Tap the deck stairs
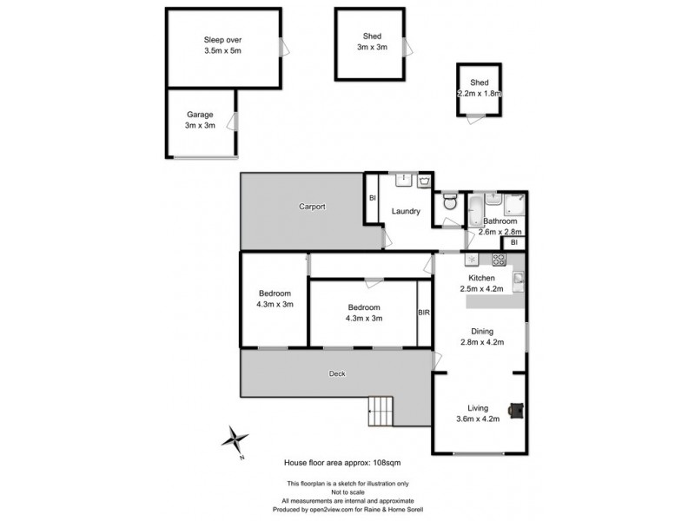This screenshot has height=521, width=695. pos(381,410)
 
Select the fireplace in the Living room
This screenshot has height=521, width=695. pos(516,408)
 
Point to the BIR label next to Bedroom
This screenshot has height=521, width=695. pos(424,313)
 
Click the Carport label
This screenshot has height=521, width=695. pos(312,207)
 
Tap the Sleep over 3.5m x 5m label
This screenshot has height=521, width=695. pos(222,45)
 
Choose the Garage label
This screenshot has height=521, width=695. pos(200,115)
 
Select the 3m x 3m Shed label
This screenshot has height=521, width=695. pos(373,42)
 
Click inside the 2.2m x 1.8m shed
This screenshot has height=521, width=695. pos(480,89)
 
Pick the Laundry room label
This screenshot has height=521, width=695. pos(407,211)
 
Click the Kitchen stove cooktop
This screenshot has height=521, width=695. pos(500,258)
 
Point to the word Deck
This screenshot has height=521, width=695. pos(337,374)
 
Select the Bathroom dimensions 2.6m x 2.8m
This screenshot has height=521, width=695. pos(500,231)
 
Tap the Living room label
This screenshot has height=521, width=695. pos(478,408)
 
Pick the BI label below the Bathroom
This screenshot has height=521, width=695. pos(514,243)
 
